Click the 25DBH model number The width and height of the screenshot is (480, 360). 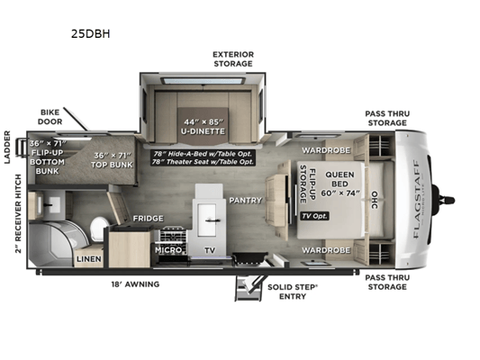click(x=90, y=33)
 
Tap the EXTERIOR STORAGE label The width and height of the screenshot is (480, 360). click(x=233, y=59)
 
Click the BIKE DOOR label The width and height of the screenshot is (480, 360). click(x=50, y=117)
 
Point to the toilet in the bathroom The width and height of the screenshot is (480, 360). click(x=98, y=229)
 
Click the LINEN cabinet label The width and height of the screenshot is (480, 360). click(x=89, y=259)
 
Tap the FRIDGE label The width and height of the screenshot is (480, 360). click(x=149, y=219)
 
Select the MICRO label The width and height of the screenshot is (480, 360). click(x=168, y=250)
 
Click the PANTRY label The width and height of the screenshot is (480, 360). click(x=246, y=201)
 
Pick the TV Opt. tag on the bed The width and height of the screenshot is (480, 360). click(x=314, y=216)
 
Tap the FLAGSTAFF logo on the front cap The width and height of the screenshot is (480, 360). click(x=416, y=199)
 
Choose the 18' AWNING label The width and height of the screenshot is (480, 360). click(x=135, y=284)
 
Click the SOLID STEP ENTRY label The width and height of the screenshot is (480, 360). click(x=293, y=292)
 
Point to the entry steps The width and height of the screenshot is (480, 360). click(x=248, y=288)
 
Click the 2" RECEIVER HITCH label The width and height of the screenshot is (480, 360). click(x=18, y=214)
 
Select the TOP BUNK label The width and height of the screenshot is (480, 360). click(x=112, y=160)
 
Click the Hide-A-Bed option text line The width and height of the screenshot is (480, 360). click(x=203, y=154)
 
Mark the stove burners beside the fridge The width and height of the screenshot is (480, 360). click(x=173, y=236)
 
